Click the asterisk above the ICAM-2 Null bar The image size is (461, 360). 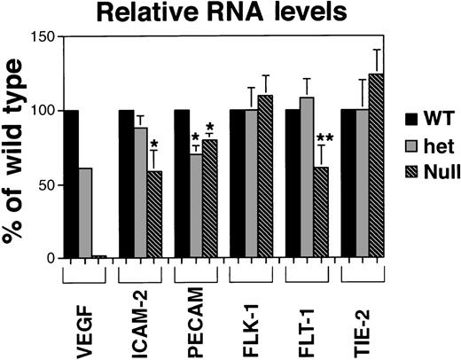point(153,144)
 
